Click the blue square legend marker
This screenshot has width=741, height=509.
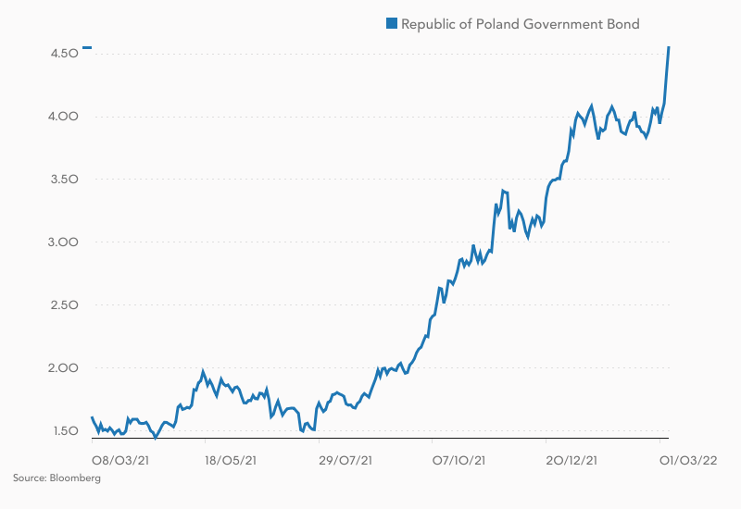(392, 24)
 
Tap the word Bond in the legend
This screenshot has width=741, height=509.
(622, 24)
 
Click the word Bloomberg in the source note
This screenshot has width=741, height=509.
(76, 478)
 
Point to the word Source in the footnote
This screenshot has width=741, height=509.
(29, 478)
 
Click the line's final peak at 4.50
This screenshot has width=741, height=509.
(669, 47)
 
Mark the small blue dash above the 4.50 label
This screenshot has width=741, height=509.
(86, 47)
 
